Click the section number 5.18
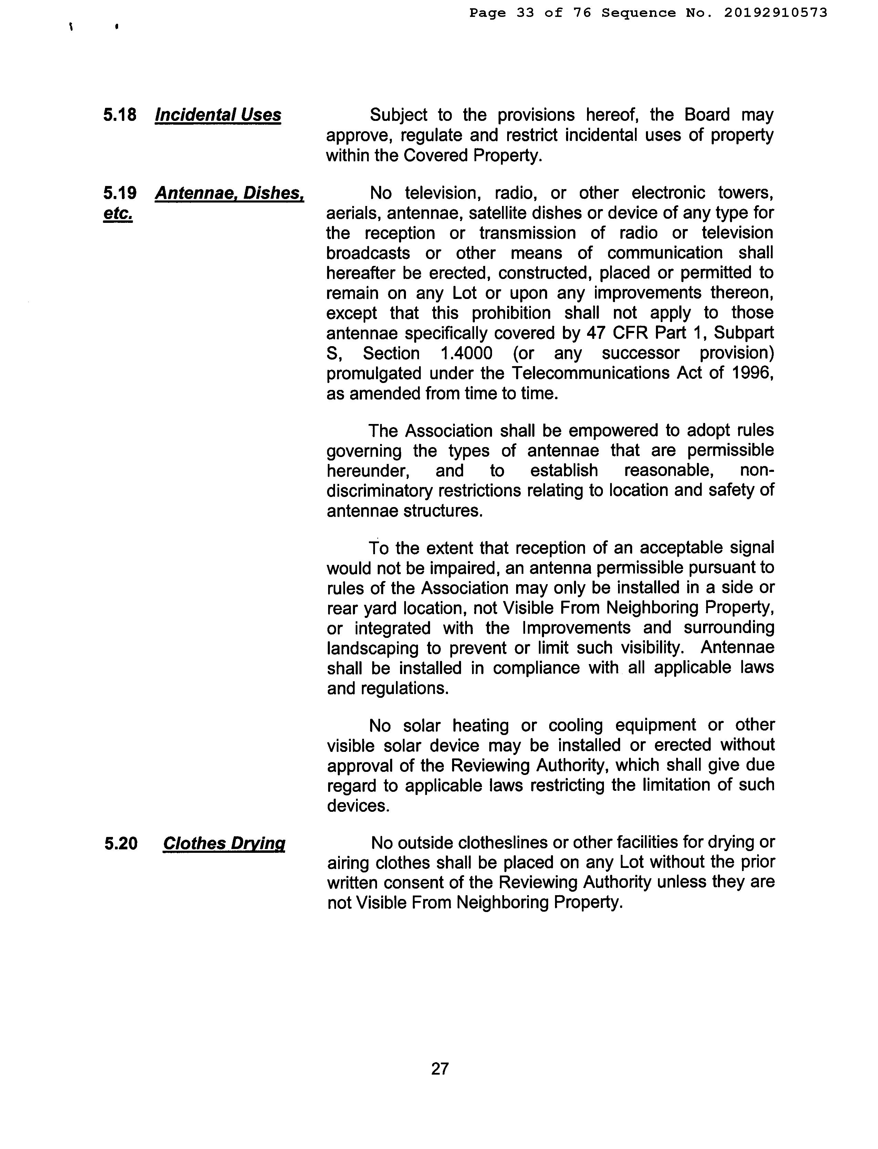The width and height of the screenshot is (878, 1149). click(x=120, y=115)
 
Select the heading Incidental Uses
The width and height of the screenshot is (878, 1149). click(x=218, y=115)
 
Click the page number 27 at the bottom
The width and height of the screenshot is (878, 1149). click(x=440, y=1068)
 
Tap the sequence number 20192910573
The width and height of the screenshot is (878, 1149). click(x=775, y=12)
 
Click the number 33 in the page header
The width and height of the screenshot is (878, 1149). click(x=525, y=12)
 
